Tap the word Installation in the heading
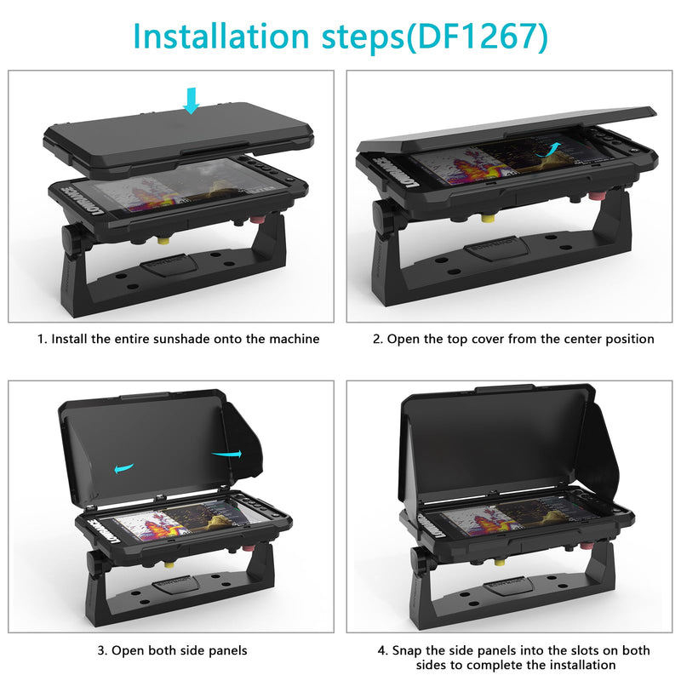tap(221, 36)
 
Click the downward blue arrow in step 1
tap(191, 100)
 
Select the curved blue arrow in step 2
tap(548, 150)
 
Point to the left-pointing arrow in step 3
tap(123, 468)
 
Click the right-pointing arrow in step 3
tap(226, 454)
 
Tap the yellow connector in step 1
tap(163, 240)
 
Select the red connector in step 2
tap(595, 196)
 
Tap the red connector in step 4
tap(586, 545)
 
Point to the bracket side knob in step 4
tap(419, 561)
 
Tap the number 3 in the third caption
tap(101, 650)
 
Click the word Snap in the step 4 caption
tap(407, 651)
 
